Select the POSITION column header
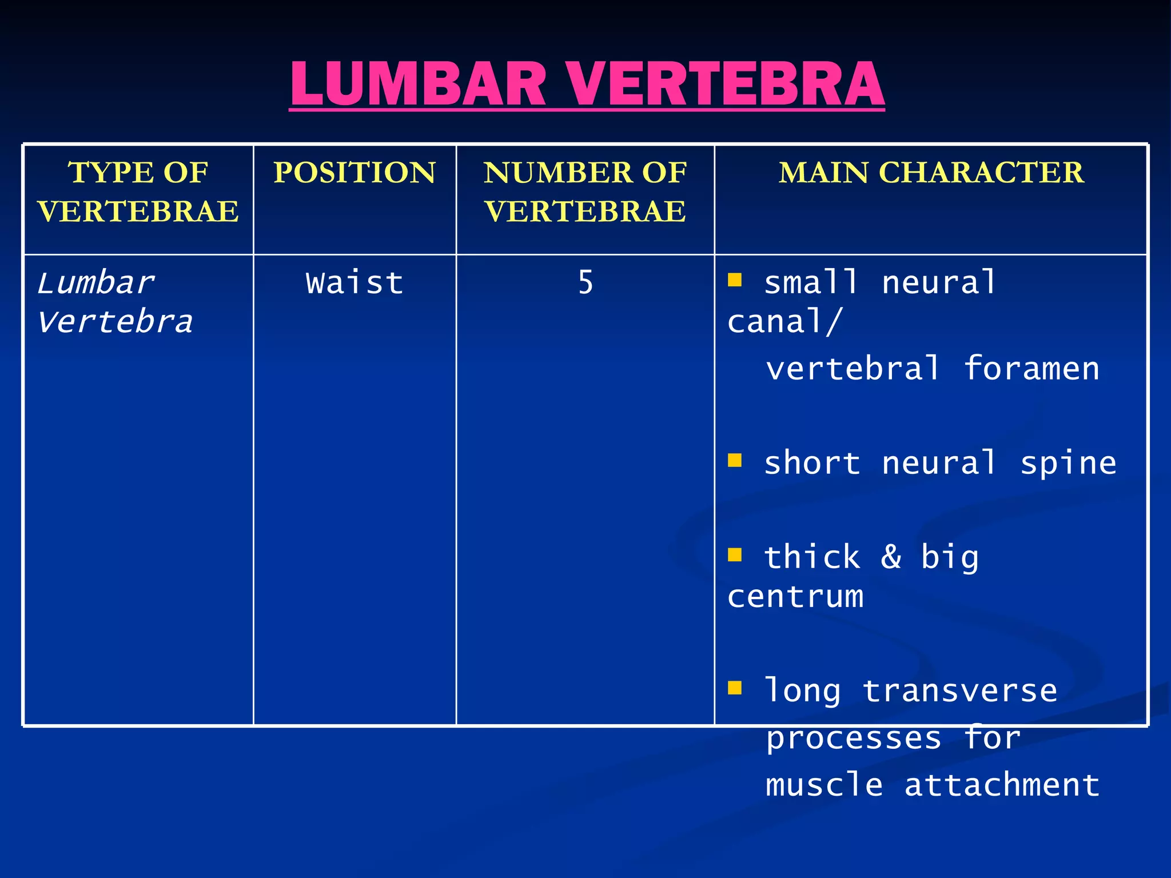(355, 173)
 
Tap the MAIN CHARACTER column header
(931, 173)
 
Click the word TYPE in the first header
(105, 173)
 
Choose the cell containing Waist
(355, 283)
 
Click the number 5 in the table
(585, 283)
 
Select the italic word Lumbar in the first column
(95, 283)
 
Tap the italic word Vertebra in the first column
(115, 322)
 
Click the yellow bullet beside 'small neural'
(735, 280)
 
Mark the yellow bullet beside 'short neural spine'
(735, 460)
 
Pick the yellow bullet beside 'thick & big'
(735, 554)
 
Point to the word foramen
(1031, 369)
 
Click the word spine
(1068, 463)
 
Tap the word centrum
(795, 597)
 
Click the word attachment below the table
(1002, 784)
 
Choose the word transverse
(959, 691)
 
